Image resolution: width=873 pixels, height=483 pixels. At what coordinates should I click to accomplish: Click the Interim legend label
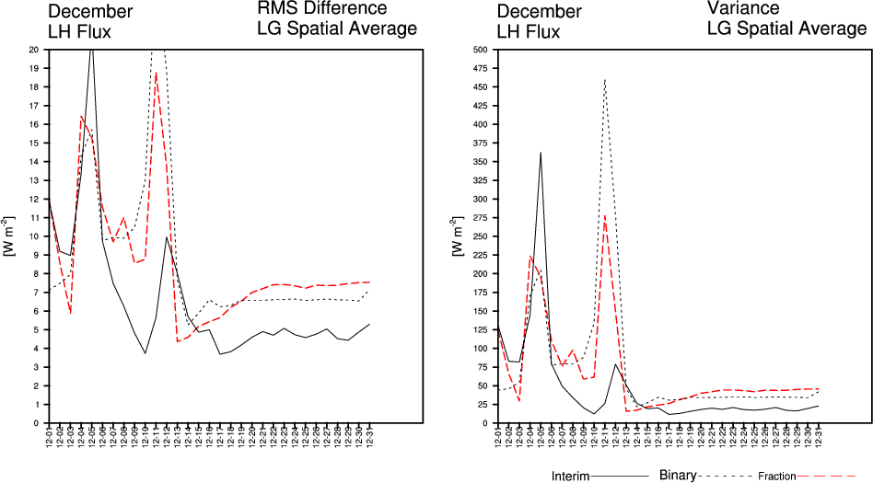(570, 476)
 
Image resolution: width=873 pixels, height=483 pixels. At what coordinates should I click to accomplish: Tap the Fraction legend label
(777, 477)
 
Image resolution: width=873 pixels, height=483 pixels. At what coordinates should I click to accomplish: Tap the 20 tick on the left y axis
(34, 50)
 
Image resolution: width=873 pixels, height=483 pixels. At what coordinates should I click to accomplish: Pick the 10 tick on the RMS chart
(34, 236)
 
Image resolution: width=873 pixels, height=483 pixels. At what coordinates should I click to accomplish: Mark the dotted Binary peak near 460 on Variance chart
(605, 80)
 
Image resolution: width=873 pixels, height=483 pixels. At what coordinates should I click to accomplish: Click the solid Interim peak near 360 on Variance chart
(541, 153)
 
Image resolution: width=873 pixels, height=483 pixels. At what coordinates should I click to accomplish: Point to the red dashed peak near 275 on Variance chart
(605, 215)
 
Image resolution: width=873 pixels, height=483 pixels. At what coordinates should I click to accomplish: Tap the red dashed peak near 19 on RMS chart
(156, 73)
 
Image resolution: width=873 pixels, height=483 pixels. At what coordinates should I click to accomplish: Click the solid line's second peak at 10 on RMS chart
(167, 236)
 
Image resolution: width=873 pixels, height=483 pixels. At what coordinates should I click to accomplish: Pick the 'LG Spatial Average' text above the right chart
(786, 29)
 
